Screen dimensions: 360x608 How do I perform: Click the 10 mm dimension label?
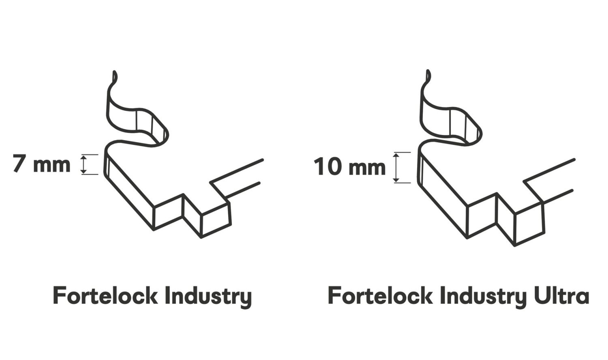tap(349, 167)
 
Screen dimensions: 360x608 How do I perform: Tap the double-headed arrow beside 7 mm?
tap(83, 164)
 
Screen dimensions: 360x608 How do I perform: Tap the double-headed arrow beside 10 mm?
tap(396, 167)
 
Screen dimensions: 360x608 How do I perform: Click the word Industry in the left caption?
tap(208, 297)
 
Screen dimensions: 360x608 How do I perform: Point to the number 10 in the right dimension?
tap(328, 167)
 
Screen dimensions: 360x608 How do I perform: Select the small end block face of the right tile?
tap(529, 225)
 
